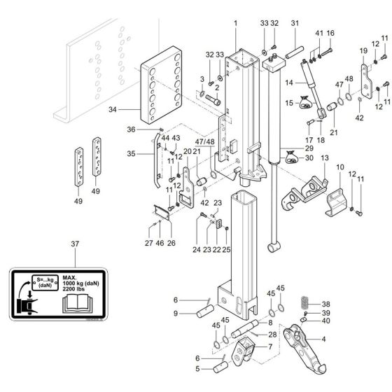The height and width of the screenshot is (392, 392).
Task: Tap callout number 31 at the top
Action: [x=295, y=24]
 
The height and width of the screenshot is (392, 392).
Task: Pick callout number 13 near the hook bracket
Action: [x=324, y=160]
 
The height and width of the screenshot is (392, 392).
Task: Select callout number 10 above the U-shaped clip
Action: [x=339, y=168]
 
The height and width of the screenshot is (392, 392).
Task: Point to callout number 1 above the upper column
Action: [x=236, y=23]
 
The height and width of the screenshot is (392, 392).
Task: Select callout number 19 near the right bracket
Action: [x=363, y=52]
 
